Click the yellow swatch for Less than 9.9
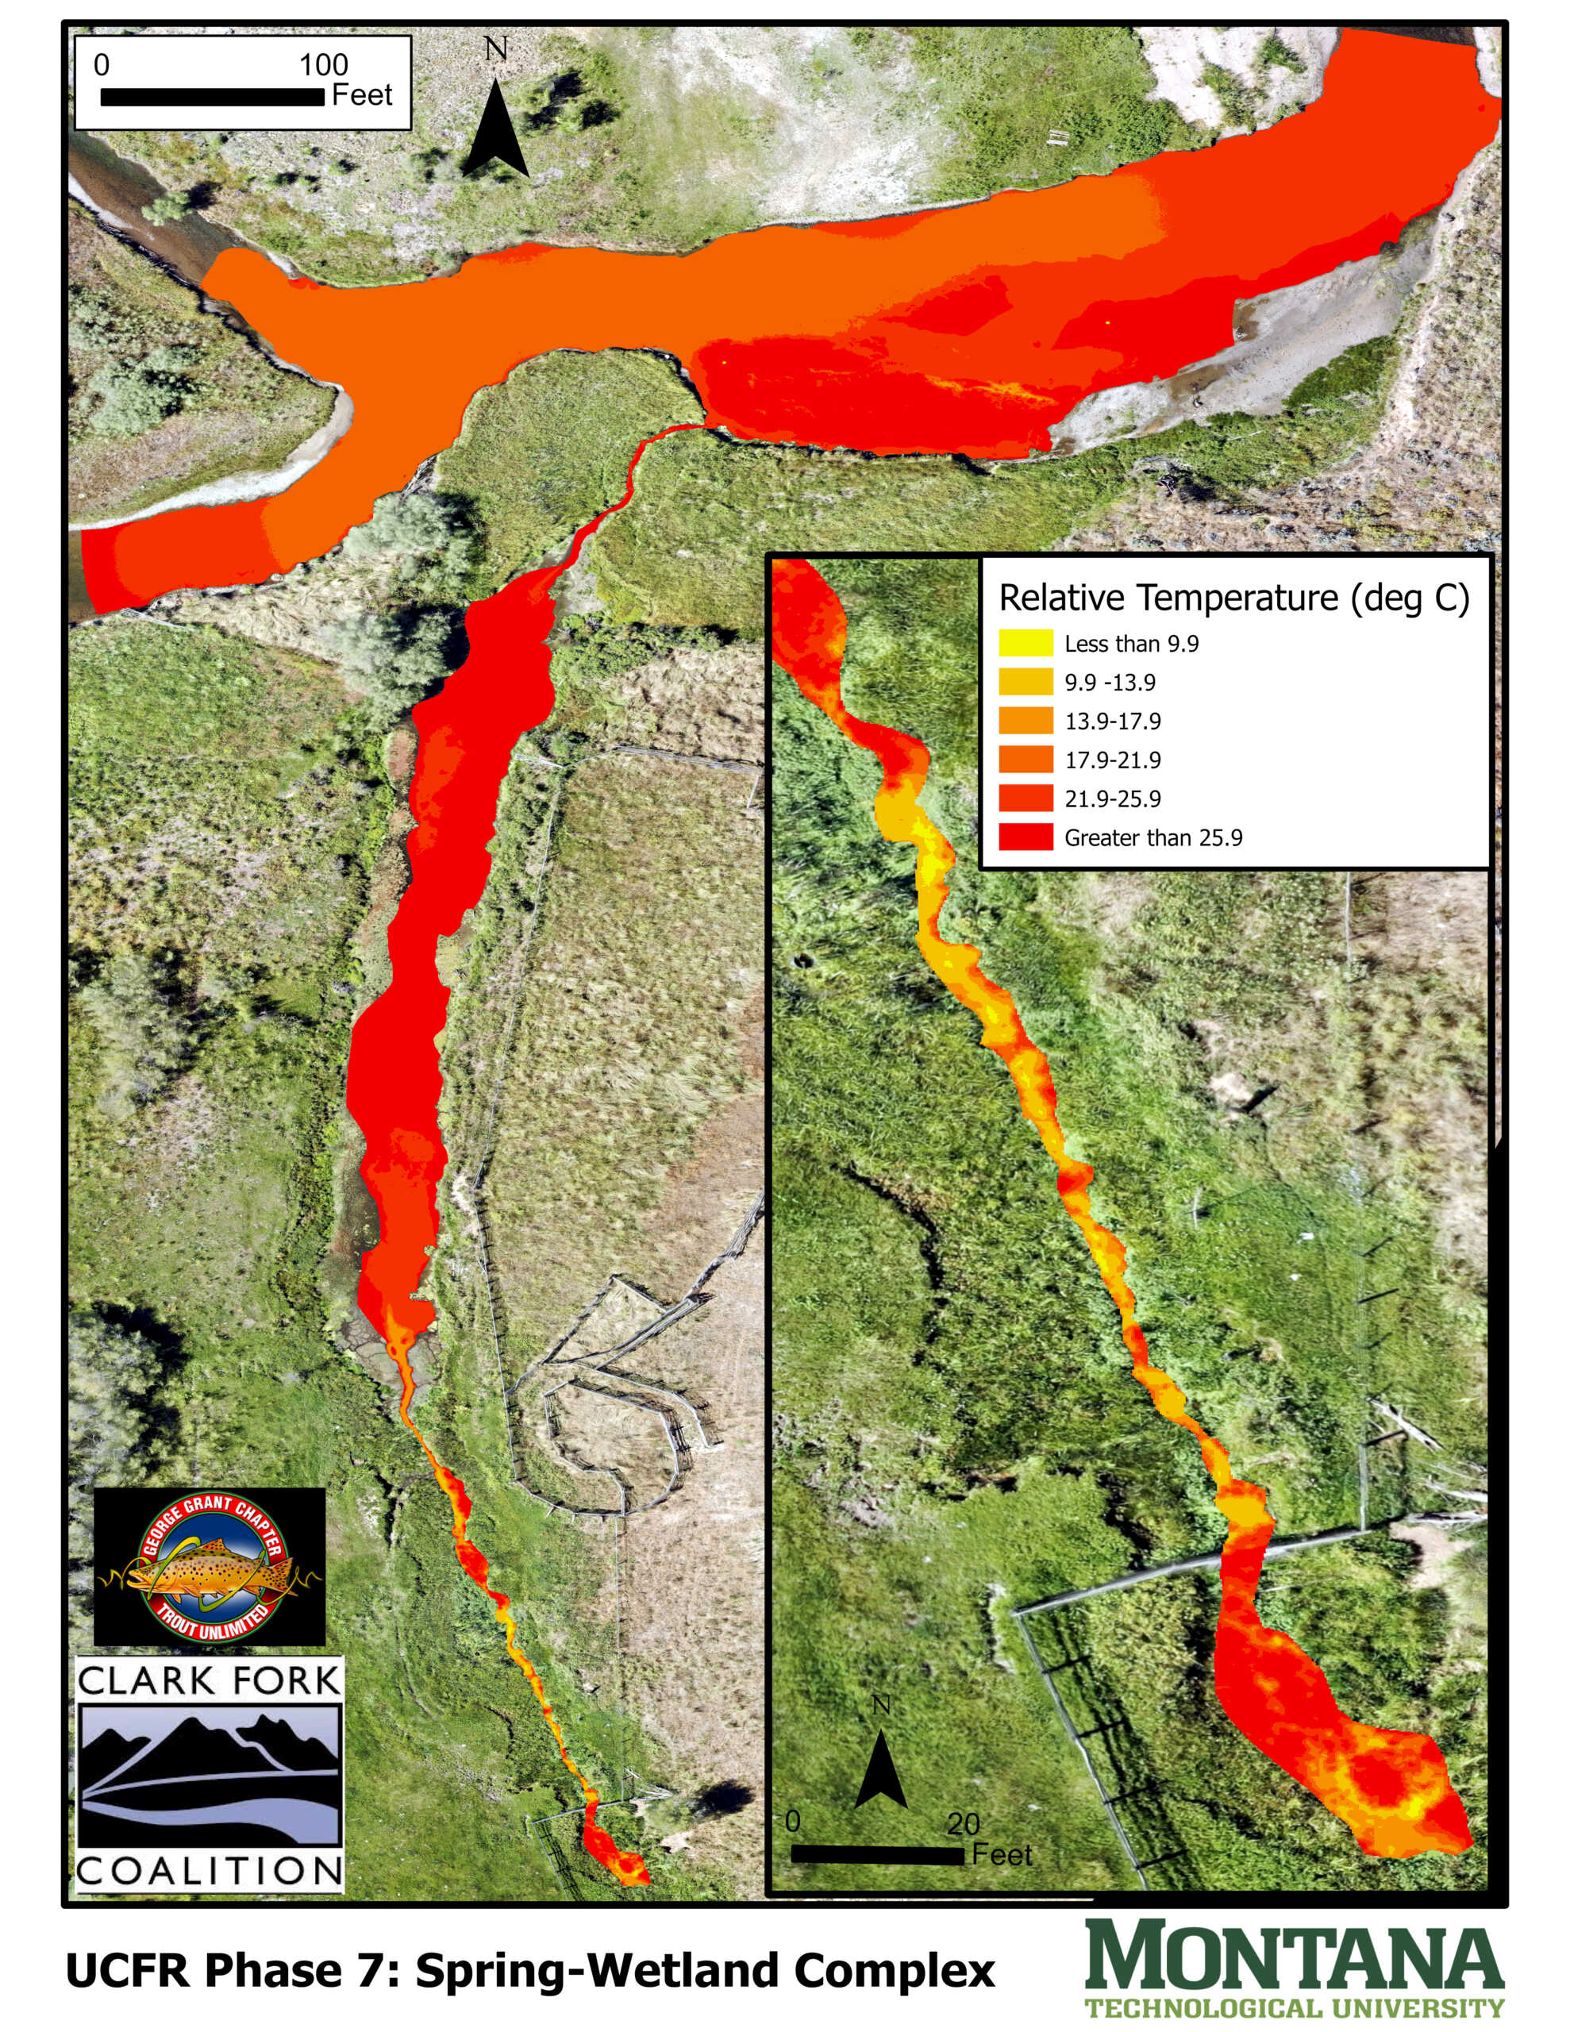1026,643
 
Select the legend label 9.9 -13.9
1110,682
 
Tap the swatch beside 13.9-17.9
1026,721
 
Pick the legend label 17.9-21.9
1112,760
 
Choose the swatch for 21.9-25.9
1026,799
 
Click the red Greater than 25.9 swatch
1026,837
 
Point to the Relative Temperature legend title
1233,598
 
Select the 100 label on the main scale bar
323,65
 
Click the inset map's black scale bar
878,1855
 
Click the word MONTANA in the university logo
1294,1955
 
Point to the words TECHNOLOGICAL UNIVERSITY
1294,2008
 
